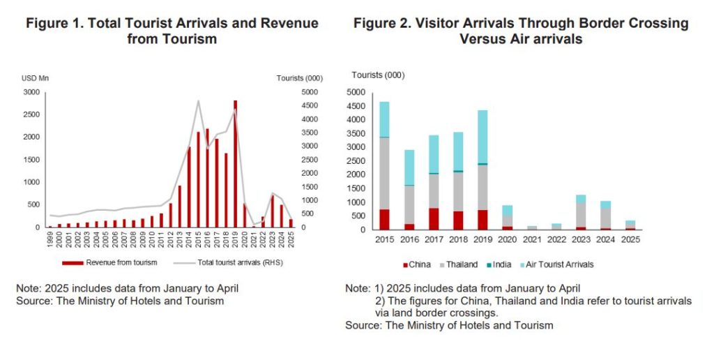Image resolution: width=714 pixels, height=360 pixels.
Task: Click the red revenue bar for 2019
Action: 235,164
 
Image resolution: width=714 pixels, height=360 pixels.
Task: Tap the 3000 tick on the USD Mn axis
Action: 31,92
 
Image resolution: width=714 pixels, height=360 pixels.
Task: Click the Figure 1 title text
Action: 172,31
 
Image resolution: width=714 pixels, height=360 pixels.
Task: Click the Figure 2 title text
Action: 521,31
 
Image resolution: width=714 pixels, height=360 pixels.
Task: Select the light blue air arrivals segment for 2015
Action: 384,119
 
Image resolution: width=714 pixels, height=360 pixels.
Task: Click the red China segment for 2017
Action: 434,218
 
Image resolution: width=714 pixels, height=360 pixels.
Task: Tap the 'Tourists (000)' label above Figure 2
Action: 378,75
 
